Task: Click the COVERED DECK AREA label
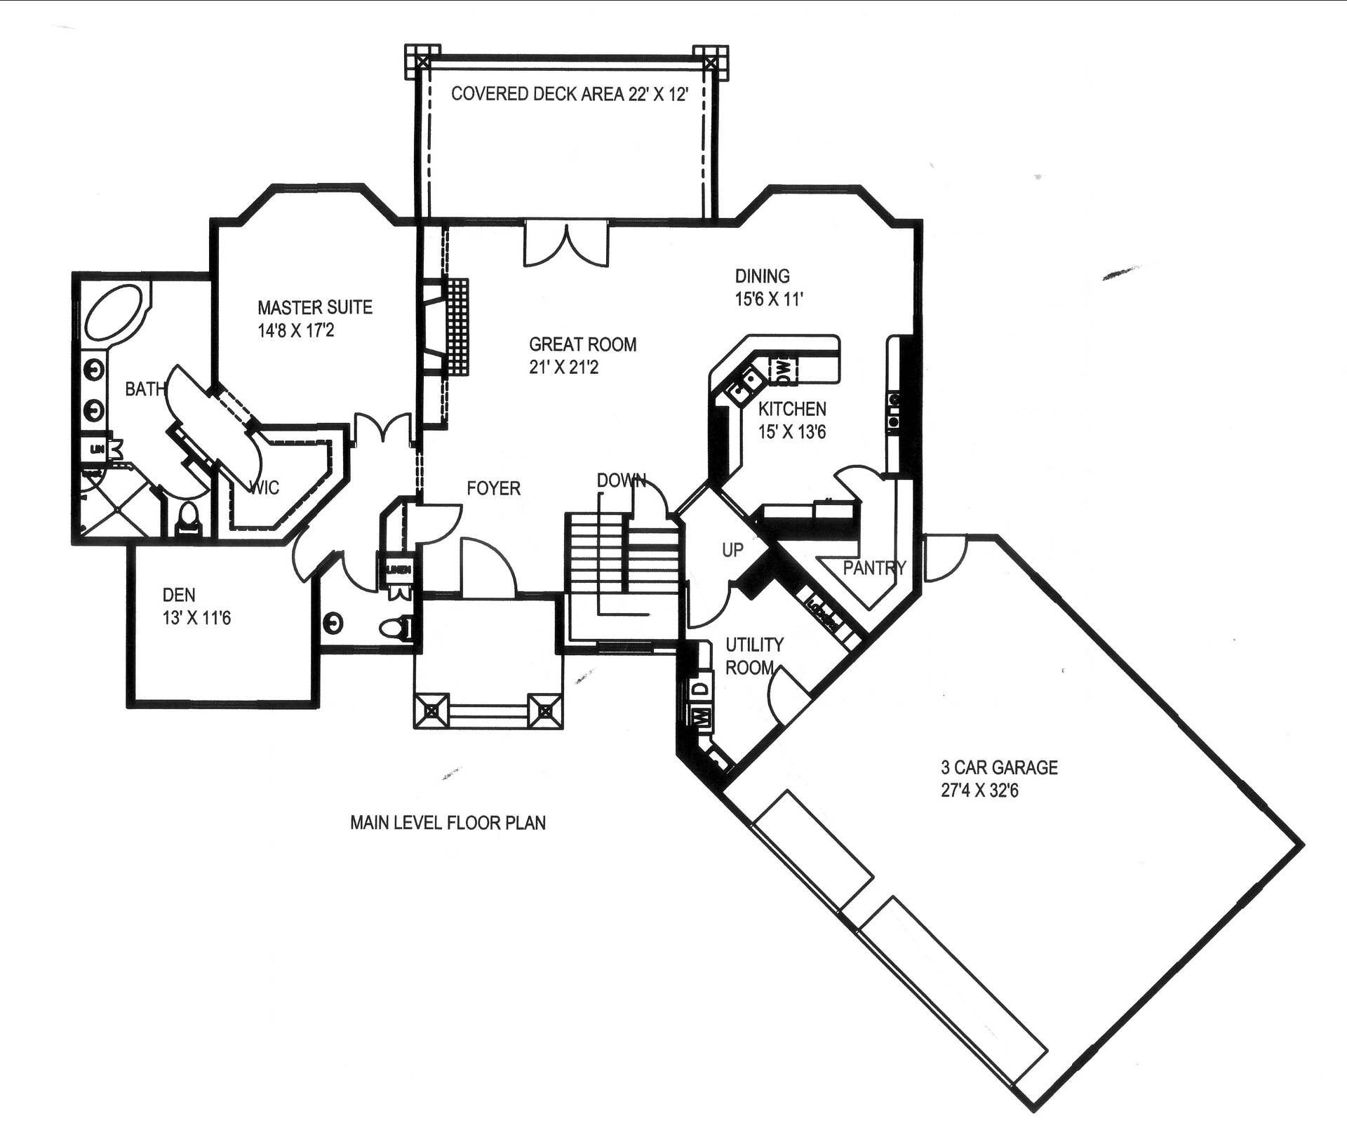pyautogui.click(x=570, y=94)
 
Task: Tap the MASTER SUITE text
pyautogui.click(x=315, y=307)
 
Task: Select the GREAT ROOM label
pyautogui.click(x=582, y=344)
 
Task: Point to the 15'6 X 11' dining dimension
pyautogui.click(x=769, y=300)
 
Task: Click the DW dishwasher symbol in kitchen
pyautogui.click(x=784, y=369)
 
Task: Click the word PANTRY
pyautogui.click(x=874, y=567)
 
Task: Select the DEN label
pyautogui.click(x=179, y=595)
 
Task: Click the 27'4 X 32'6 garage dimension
pyautogui.click(x=979, y=791)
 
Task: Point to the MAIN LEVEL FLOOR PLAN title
pyautogui.click(x=448, y=822)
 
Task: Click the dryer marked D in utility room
pyautogui.click(x=700, y=688)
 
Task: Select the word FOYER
pyautogui.click(x=493, y=488)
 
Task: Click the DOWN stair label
pyautogui.click(x=621, y=480)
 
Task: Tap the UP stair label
pyautogui.click(x=732, y=550)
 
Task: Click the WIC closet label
pyautogui.click(x=264, y=487)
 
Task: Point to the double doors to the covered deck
pyautogui.click(x=566, y=244)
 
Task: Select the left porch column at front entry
pyautogui.click(x=431, y=711)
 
